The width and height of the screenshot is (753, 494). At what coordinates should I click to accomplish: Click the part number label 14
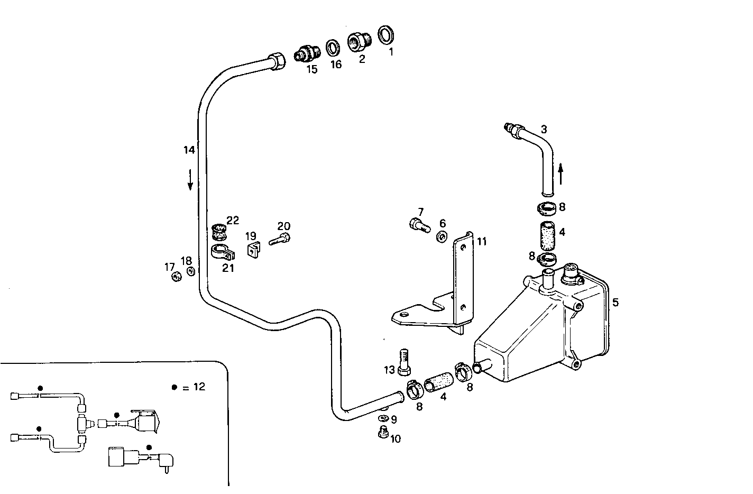point(189,150)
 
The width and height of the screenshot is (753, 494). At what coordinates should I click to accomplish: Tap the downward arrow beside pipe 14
point(190,179)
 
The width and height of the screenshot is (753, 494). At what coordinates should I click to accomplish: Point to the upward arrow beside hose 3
point(561,173)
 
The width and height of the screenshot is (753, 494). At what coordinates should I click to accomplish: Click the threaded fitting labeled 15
point(307,53)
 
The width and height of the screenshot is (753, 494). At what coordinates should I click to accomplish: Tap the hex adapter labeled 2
point(357,41)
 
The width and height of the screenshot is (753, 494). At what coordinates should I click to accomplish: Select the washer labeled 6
point(441,236)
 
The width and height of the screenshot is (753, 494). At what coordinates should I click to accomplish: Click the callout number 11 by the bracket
point(481,242)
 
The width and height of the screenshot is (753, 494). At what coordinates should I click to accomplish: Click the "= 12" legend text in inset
point(194,387)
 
